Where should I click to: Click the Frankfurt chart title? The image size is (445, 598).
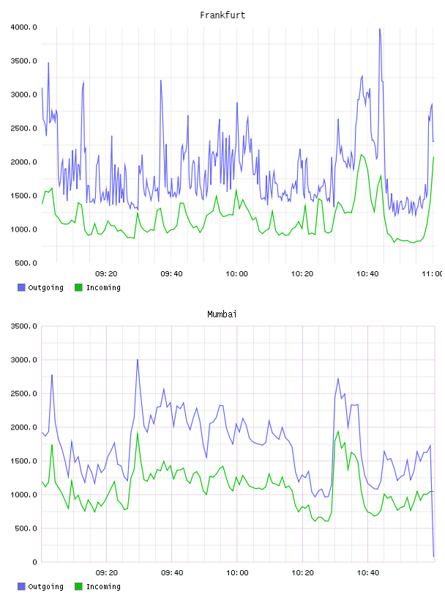pos(222,15)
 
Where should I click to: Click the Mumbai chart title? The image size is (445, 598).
pos(222,314)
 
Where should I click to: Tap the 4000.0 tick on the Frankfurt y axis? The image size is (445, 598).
pos(23,27)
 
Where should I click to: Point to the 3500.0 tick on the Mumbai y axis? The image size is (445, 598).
pos(23,326)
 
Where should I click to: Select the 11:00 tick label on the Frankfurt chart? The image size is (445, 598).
pos(432,273)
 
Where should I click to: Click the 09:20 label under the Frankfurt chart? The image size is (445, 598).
pos(106,273)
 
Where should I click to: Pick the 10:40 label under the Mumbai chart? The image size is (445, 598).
pos(367,572)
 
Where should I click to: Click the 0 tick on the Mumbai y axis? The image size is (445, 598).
pos(34,562)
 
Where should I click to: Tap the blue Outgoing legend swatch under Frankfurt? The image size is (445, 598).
pos(21,287)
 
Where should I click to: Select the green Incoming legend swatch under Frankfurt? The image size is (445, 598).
pos(78,287)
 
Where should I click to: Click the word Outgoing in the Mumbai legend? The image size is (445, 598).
pos(45,586)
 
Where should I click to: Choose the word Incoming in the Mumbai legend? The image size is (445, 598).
pos(103,586)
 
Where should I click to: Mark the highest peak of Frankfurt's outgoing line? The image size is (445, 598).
pos(379,29)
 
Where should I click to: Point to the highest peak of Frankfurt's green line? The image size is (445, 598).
pos(361,155)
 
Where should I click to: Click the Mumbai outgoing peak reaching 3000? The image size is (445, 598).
pos(138,360)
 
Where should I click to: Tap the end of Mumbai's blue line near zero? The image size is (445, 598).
pos(433,556)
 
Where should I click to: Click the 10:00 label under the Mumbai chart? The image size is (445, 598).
pos(237,572)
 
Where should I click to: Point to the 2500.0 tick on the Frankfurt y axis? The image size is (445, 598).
pos(23,128)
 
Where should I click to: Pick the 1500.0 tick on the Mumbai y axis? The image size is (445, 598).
pos(23,461)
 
